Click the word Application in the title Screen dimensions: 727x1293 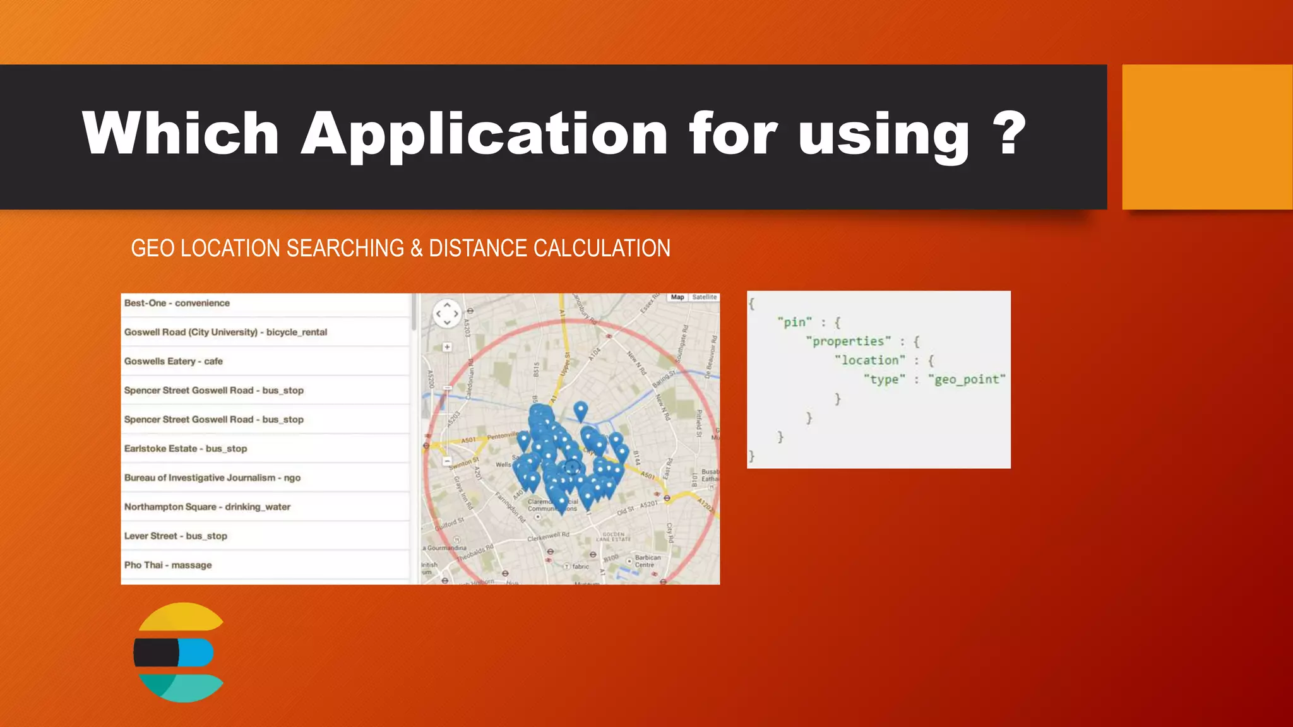click(x=484, y=134)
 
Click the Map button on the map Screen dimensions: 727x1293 click(x=677, y=297)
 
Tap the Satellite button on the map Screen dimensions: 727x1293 click(x=705, y=297)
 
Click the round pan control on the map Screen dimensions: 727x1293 click(x=447, y=314)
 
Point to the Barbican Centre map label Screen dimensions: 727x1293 click(x=646, y=561)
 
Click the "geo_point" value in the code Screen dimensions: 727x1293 click(x=967, y=379)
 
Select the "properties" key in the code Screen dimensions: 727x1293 click(x=849, y=341)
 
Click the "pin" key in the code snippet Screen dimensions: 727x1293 click(x=795, y=322)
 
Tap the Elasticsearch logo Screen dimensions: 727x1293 click(x=179, y=653)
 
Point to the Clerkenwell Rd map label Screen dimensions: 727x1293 click(x=548, y=536)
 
